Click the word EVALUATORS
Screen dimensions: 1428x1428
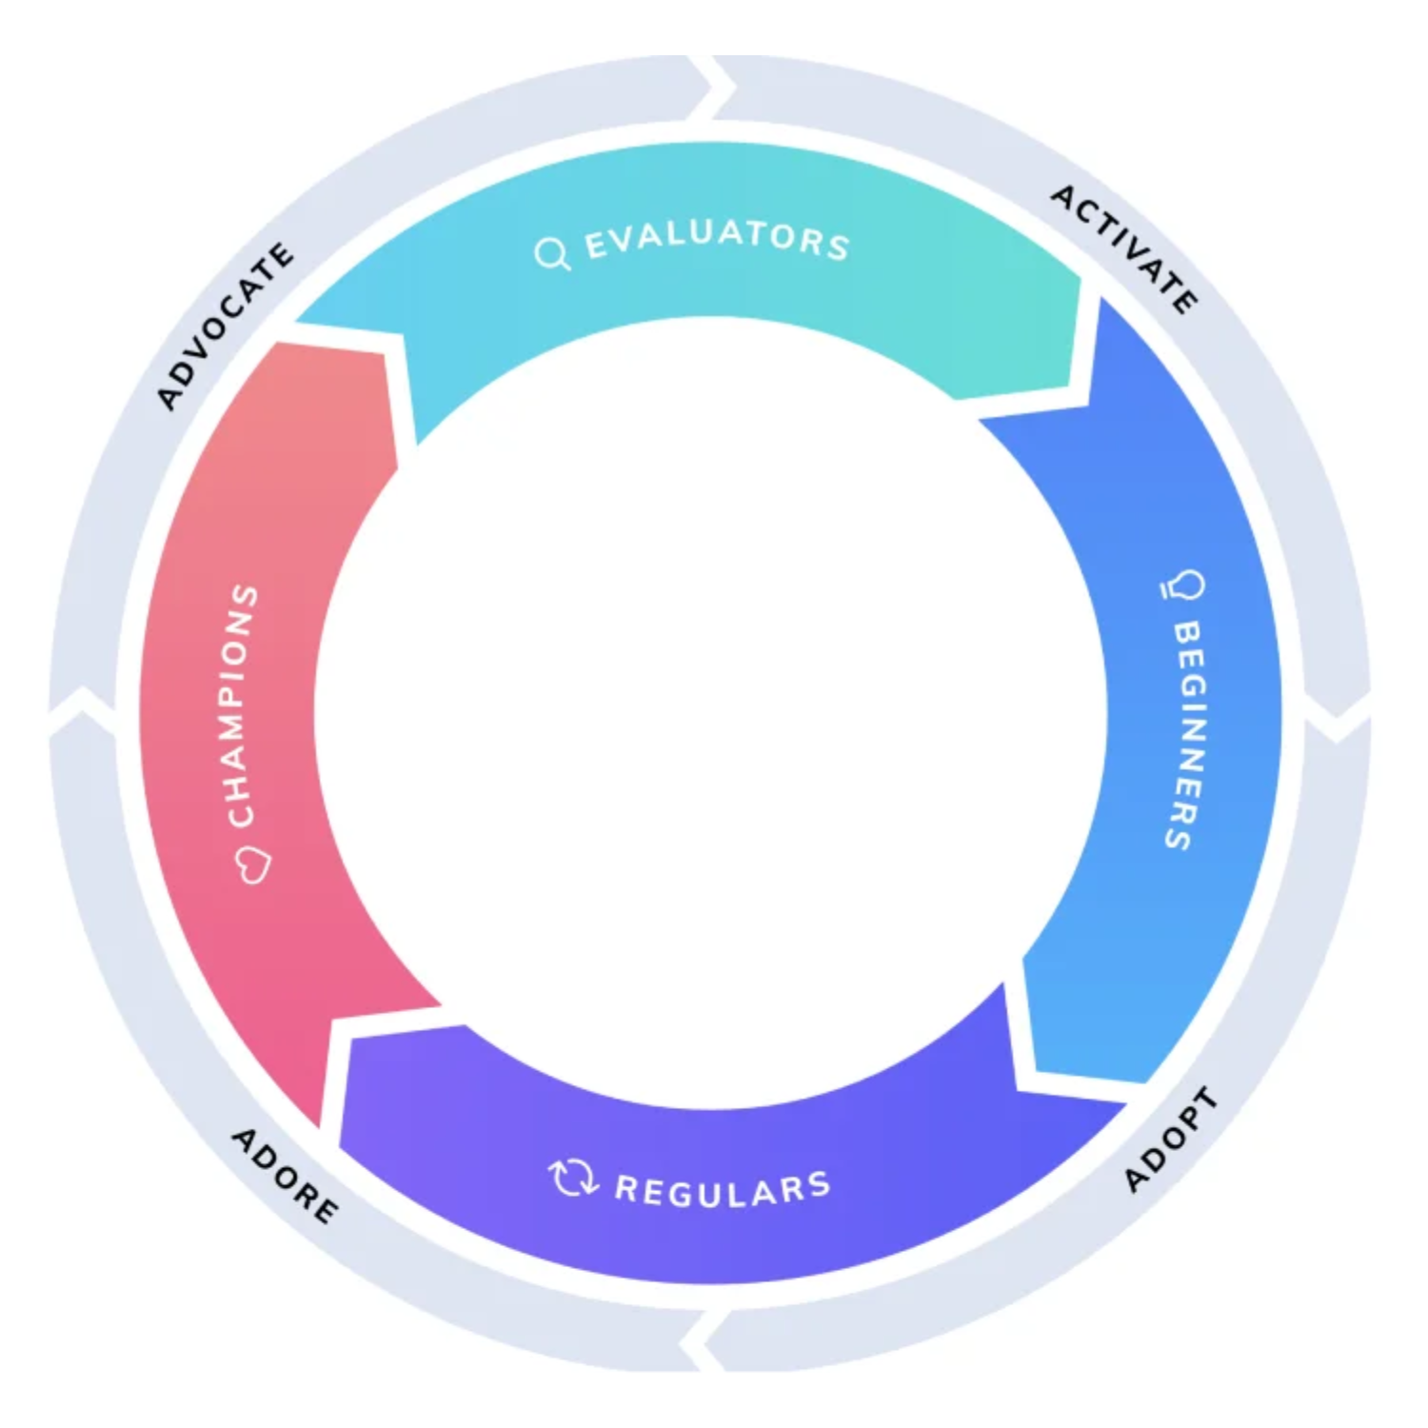716,238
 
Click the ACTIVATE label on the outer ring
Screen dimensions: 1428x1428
1123,248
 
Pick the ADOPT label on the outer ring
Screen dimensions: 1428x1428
1170,1139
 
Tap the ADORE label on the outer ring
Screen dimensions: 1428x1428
285,1175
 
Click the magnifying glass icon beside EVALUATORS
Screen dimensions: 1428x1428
551,253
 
